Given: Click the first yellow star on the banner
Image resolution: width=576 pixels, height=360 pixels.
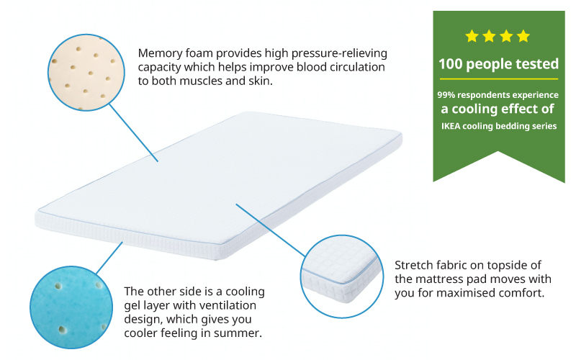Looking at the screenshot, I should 472,35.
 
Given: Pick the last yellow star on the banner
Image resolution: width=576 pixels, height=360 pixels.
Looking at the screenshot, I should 523,35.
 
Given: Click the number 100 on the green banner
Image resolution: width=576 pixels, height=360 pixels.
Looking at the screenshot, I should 451,64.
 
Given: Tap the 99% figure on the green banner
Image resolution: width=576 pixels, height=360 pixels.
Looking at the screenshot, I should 448,95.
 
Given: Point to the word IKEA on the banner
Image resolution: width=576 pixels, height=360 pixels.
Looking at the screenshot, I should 454,126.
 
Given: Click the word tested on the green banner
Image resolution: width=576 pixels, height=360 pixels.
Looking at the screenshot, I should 536,64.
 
